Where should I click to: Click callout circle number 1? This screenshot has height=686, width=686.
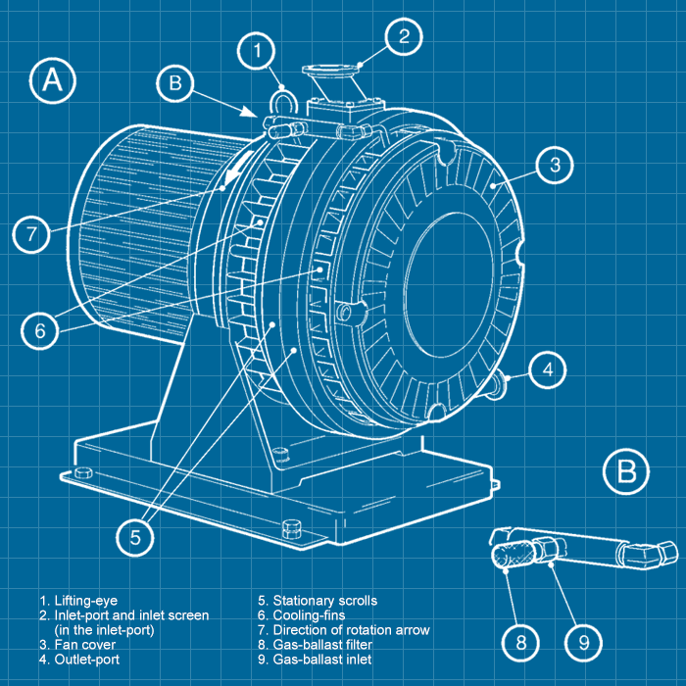(257, 49)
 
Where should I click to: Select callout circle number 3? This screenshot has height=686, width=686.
(555, 165)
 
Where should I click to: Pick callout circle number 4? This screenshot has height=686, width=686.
(549, 369)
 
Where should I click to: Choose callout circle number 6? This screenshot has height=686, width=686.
(40, 331)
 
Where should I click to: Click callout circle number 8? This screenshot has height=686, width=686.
(521, 642)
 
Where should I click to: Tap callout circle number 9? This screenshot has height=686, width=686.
(584, 642)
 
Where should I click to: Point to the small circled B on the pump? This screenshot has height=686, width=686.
(175, 83)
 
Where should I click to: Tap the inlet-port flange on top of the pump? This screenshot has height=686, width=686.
(333, 73)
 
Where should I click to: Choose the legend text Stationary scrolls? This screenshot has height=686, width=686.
(324, 601)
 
